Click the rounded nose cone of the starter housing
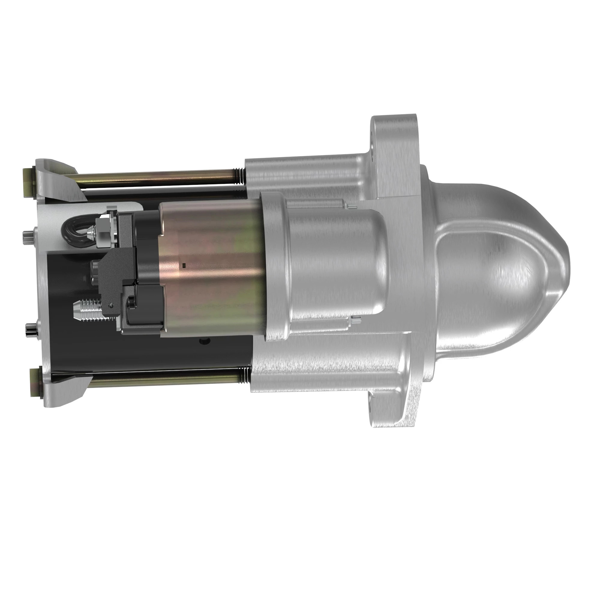509,267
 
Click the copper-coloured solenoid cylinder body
211,267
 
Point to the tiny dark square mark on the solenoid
184,265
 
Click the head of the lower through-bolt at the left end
35,382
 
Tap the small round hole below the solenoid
204,341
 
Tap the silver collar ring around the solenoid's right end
275,267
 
